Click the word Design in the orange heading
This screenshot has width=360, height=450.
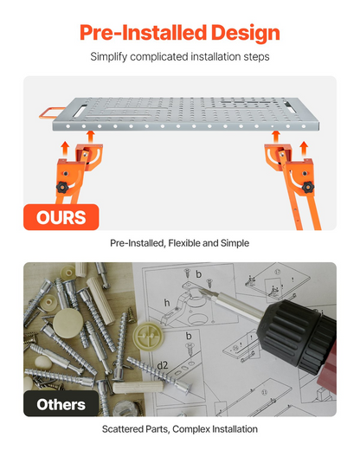246,33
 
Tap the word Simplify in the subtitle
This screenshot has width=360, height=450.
108,57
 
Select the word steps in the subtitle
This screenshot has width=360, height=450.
256,57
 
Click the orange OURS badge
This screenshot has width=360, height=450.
61,217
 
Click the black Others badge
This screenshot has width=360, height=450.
61,404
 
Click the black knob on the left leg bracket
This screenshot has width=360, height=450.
62,187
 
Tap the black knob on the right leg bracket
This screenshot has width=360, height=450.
308,188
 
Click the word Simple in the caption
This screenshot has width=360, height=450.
235,243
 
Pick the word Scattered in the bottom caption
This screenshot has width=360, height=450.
120,429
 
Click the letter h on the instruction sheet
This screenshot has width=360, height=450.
167,303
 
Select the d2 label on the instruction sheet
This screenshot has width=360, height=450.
163,365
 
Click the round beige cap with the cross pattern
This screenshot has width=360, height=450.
149,336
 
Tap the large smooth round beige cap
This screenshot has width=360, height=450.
67,323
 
